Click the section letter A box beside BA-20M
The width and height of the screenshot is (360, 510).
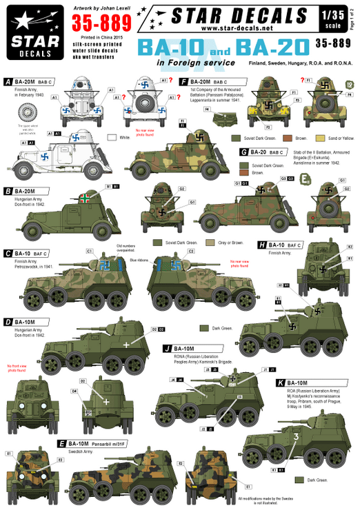tap(8, 81)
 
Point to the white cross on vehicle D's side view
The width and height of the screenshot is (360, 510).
tap(126, 343)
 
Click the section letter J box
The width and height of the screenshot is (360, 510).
tap(168, 349)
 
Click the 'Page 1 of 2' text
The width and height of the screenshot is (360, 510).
tap(354, 17)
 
